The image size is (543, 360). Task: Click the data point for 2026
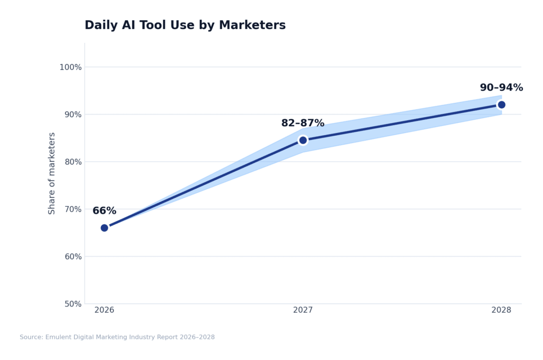pos(104,228)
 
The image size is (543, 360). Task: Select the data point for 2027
pos(303,140)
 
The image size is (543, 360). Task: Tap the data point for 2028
pos(501,104)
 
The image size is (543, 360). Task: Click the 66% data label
pos(104,211)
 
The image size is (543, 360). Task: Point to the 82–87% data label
pos(303,124)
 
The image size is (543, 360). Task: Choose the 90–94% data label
pos(501,88)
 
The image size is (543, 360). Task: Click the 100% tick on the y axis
pos(71,67)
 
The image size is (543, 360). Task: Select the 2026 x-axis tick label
pos(104,310)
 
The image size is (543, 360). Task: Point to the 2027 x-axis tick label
pos(303,310)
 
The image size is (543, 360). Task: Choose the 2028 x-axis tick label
pos(501,310)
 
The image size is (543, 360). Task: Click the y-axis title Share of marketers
pos(52,173)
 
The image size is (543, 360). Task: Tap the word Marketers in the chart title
pos(252,25)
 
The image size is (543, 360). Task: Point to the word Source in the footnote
pos(31,337)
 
